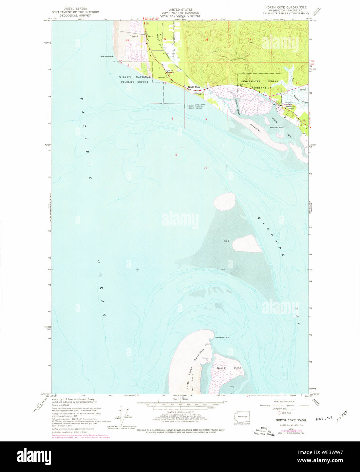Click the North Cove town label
click(x=194, y=87)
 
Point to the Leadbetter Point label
click(x=222, y=337)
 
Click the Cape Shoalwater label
click(x=107, y=57)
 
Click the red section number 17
click(x=175, y=155)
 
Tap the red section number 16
click(x=205, y=168)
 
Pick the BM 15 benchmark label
click(x=150, y=36)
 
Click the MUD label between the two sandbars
click(x=226, y=241)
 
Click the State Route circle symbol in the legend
click(x=280, y=413)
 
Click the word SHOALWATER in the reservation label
click(x=252, y=81)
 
